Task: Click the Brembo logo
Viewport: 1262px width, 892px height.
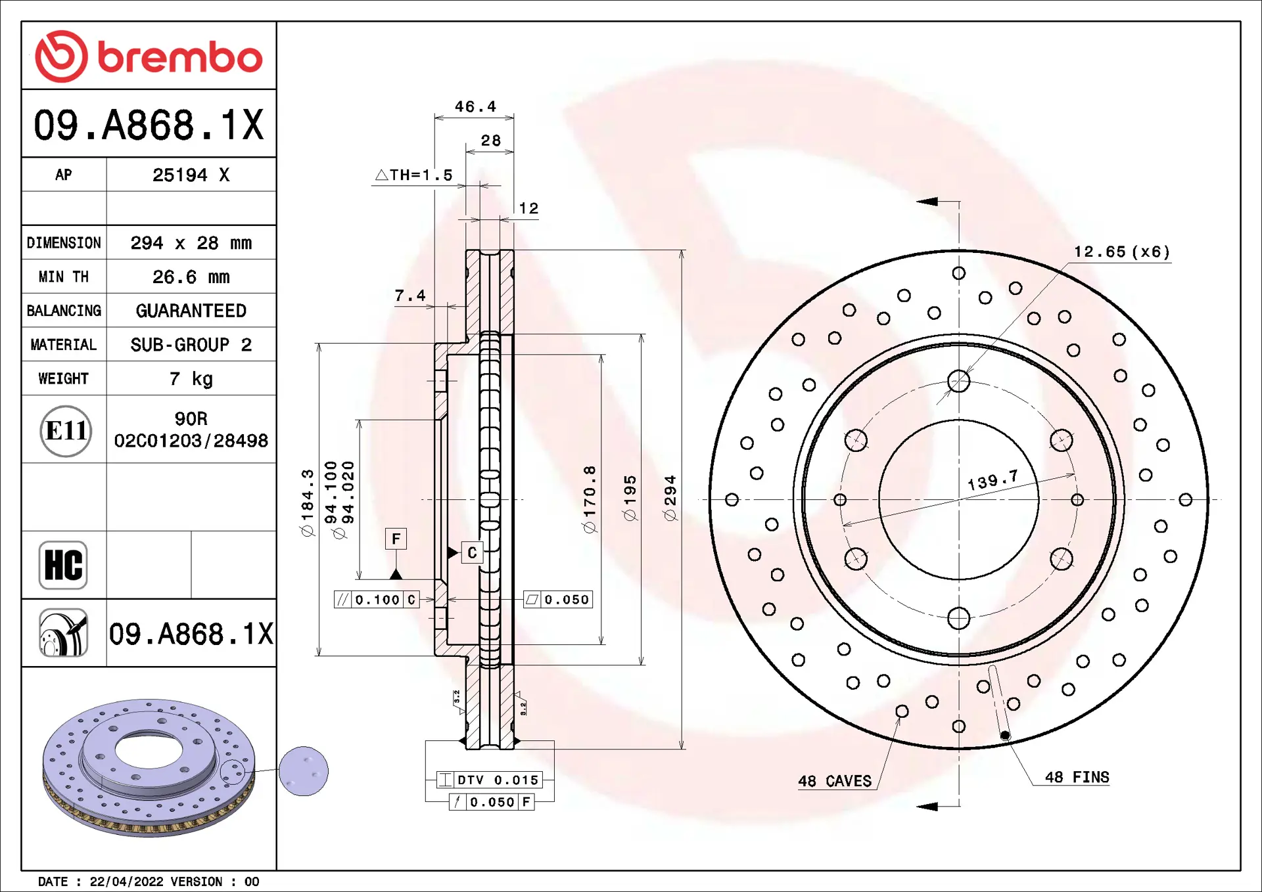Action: tap(149, 56)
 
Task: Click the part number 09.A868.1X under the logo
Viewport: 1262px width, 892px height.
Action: tap(149, 125)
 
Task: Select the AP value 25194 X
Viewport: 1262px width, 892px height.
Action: tap(191, 175)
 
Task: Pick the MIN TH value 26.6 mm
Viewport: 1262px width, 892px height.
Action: tap(191, 277)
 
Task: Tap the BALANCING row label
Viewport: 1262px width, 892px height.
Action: tap(64, 311)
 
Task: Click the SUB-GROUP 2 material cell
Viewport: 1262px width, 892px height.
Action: tap(191, 345)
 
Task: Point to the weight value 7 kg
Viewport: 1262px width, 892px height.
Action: tap(191, 379)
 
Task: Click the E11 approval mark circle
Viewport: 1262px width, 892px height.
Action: tap(66, 431)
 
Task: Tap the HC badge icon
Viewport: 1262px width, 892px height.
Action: tap(63, 565)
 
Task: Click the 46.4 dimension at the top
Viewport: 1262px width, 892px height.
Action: tap(475, 106)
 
